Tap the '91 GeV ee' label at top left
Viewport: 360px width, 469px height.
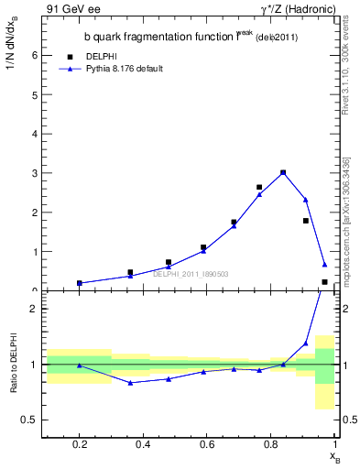click(x=71, y=9)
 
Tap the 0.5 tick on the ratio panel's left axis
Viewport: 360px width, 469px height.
click(x=29, y=420)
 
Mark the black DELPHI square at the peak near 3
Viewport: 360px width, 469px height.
click(x=283, y=172)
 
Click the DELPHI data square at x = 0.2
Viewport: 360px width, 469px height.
click(x=80, y=283)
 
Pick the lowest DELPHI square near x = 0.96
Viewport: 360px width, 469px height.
click(x=324, y=282)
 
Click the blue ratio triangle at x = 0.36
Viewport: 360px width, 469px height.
click(x=131, y=382)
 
